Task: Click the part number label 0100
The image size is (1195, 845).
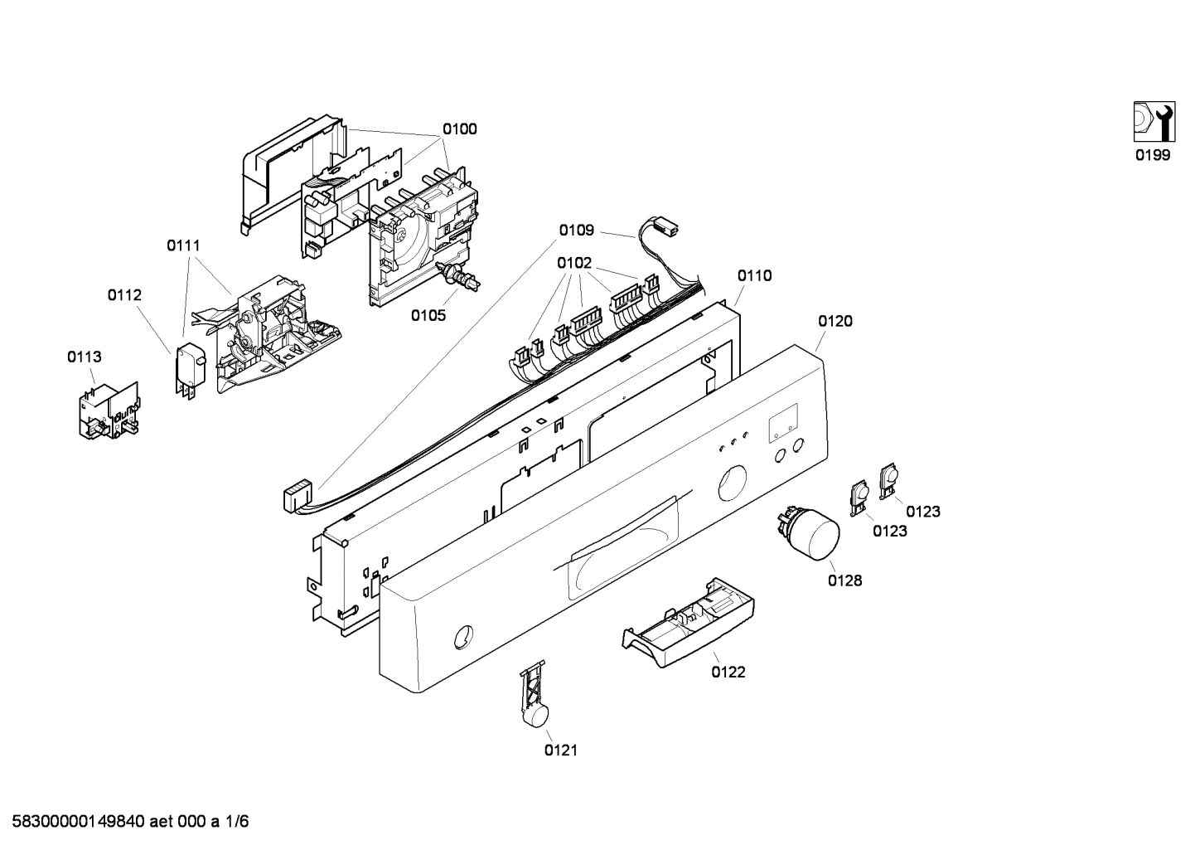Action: [459, 129]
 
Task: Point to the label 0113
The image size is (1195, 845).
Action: [85, 357]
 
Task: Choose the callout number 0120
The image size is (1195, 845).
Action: [835, 321]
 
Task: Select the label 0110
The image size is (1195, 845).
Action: [754, 275]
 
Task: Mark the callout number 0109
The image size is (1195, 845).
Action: [576, 231]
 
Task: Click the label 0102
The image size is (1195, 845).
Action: [574, 263]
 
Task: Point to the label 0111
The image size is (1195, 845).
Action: [183, 245]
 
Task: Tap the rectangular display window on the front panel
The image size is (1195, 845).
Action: [782, 423]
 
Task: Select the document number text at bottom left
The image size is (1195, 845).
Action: [125, 822]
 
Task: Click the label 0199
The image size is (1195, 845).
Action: [1153, 155]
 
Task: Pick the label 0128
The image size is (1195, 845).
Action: [844, 580]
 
